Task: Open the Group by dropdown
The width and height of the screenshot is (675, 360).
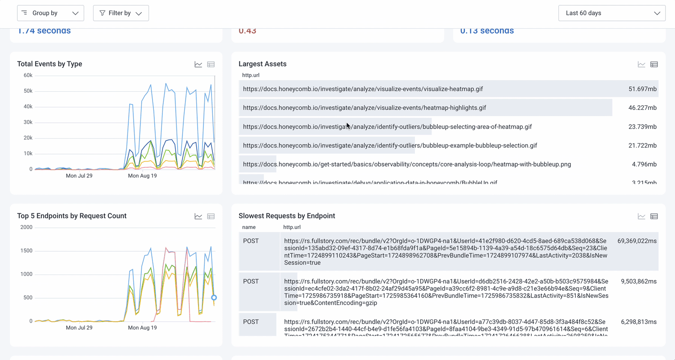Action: (50, 13)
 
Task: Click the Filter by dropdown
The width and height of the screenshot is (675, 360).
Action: (121, 13)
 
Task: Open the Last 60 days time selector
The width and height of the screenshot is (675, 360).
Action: (612, 13)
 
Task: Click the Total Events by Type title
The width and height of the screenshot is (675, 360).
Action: (49, 64)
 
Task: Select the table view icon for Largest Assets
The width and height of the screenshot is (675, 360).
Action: (654, 64)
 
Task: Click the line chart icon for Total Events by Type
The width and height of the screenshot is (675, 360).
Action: (198, 64)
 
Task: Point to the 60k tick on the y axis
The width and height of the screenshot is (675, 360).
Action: (28, 76)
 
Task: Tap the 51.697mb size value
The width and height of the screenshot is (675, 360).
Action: (642, 89)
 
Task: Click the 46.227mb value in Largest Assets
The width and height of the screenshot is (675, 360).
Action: (642, 108)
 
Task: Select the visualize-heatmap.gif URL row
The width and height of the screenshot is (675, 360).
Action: (363, 89)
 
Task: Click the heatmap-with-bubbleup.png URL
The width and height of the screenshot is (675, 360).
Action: (407, 164)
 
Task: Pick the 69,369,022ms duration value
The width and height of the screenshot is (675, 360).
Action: (637, 241)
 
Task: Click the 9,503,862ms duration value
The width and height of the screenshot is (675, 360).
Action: (639, 282)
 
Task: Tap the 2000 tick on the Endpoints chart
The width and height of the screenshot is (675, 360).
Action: (27, 227)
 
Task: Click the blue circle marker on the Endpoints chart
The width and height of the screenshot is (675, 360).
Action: (214, 297)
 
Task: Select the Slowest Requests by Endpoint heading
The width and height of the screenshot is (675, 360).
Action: (287, 216)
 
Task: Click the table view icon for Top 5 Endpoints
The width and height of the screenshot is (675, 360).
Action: (211, 216)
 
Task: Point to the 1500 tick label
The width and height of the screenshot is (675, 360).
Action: (27, 251)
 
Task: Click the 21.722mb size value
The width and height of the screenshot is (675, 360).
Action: (642, 146)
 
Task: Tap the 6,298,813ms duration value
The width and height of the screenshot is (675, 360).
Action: (639, 322)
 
